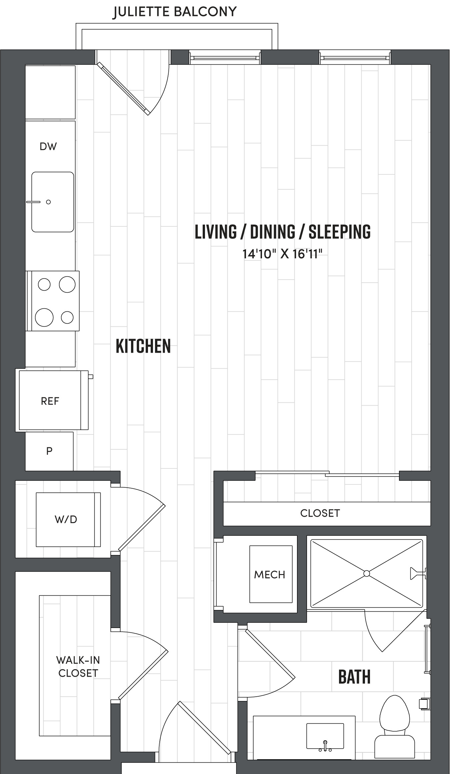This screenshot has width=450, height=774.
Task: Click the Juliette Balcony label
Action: point(175,12)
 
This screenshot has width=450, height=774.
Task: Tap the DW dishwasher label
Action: point(48,146)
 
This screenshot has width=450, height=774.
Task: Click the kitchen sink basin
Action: point(53,202)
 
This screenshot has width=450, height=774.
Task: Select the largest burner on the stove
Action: point(44,317)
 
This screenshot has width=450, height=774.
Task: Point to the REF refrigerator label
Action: point(50,401)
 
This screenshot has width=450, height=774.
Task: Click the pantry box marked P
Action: point(49,451)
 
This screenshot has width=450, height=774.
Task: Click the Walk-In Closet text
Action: point(78,666)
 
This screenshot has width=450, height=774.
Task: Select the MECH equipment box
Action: point(270,574)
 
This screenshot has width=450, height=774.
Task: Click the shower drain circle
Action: point(366,573)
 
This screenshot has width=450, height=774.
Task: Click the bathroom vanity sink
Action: point(325,735)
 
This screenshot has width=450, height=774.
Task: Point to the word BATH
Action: point(354,677)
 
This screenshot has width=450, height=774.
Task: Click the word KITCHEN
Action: point(143,346)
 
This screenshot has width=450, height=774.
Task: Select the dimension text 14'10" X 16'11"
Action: point(282,254)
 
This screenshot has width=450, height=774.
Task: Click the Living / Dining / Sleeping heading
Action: point(282,232)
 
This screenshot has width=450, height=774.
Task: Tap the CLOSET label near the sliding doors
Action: point(320,513)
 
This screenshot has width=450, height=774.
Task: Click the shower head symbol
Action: point(417,574)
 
